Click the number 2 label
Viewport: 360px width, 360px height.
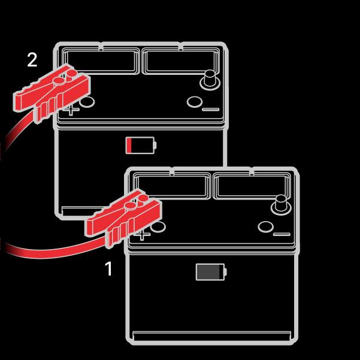click(32, 60)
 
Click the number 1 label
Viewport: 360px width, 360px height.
click(108, 268)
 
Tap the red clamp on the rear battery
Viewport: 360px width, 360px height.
click(52, 93)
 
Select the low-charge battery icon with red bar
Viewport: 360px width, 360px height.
click(141, 145)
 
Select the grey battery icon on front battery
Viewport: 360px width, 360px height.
click(211, 272)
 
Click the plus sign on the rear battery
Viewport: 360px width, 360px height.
click(71, 110)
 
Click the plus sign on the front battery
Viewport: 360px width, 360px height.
click(142, 235)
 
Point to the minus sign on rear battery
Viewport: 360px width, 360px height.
click(210, 110)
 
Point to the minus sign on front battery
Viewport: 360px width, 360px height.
click(282, 234)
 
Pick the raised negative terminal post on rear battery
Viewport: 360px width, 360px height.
click(210, 80)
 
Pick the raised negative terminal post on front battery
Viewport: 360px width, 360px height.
click(281, 205)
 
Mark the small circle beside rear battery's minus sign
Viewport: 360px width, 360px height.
click(195, 102)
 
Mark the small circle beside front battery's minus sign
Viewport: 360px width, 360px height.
click(265, 227)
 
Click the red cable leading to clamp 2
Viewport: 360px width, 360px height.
click(17, 131)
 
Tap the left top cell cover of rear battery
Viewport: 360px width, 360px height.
click(101, 61)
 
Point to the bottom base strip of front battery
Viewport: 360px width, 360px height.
click(212, 336)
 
